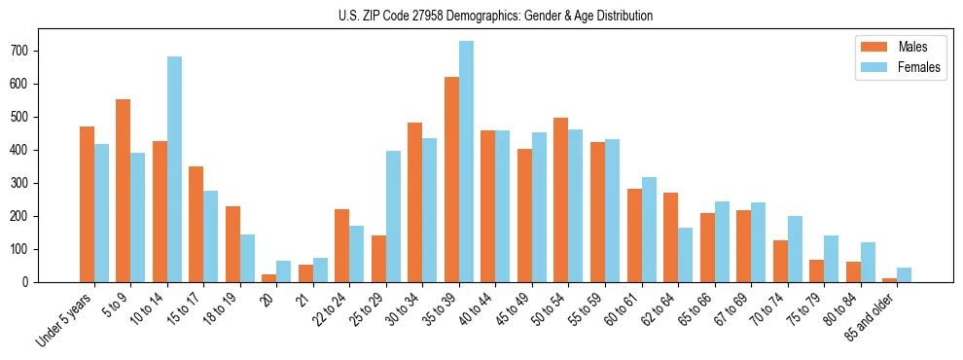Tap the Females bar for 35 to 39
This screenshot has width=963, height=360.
click(467, 162)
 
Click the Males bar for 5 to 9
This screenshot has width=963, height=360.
click(124, 191)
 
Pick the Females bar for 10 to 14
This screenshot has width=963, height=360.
click(174, 169)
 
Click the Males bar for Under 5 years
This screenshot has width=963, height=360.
click(87, 204)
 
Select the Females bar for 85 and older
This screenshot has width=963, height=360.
click(905, 274)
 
